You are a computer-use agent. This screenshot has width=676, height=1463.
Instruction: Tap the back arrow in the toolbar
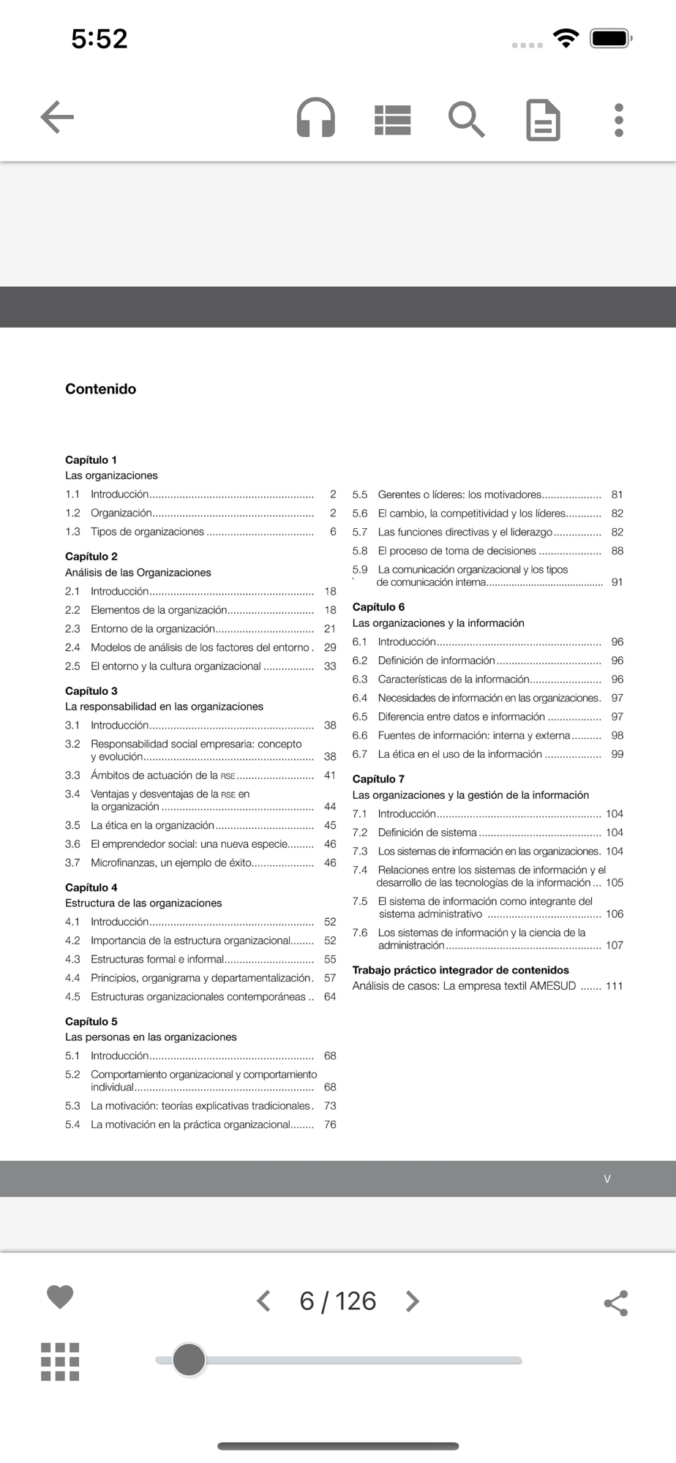click(x=57, y=118)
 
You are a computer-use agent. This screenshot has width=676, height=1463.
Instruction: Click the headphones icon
click(x=316, y=118)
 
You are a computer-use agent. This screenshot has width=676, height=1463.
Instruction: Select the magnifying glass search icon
click(x=466, y=119)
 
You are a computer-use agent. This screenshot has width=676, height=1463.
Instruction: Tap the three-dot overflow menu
click(x=619, y=120)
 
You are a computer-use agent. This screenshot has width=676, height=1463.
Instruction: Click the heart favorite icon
click(x=60, y=1296)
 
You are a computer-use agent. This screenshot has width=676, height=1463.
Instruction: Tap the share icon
click(x=616, y=1303)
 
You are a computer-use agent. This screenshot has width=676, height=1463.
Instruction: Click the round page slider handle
click(x=189, y=1360)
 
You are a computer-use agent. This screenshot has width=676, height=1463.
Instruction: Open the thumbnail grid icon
click(x=60, y=1361)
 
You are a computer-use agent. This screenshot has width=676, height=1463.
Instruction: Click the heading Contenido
click(x=101, y=389)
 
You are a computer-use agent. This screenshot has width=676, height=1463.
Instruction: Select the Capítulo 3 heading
click(x=91, y=691)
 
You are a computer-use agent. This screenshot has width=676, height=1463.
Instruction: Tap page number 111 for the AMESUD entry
click(x=615, y=986)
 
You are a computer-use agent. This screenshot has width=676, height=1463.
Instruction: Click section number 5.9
click(x=360, y=569)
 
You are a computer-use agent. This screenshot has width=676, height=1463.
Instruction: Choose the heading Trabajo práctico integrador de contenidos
click(x=461, y=970)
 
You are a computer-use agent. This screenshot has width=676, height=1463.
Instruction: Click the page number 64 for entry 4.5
click(x=330, y=996)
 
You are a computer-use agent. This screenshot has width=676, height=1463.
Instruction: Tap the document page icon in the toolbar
click(x=544, y=120)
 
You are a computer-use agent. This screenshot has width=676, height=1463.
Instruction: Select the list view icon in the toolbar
click(x=393, y=120)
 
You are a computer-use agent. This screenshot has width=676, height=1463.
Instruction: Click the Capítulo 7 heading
click(x=378, y=779)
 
